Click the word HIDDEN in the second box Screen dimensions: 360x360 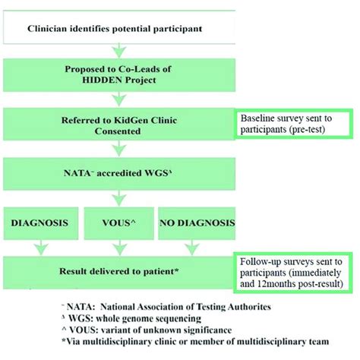click(95, 82)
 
